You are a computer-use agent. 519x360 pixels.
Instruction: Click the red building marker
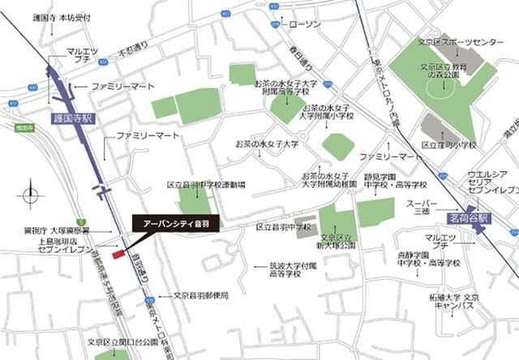click(x=118, y=255)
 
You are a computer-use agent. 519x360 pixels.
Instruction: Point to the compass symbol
click(x=30, y=195)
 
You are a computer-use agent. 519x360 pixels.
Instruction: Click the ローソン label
click(x=303, y=25)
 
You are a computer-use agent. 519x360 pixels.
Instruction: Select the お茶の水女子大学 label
click(x=267, y=144)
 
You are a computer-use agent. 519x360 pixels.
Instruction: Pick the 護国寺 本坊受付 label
click(x=62, y=16)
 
